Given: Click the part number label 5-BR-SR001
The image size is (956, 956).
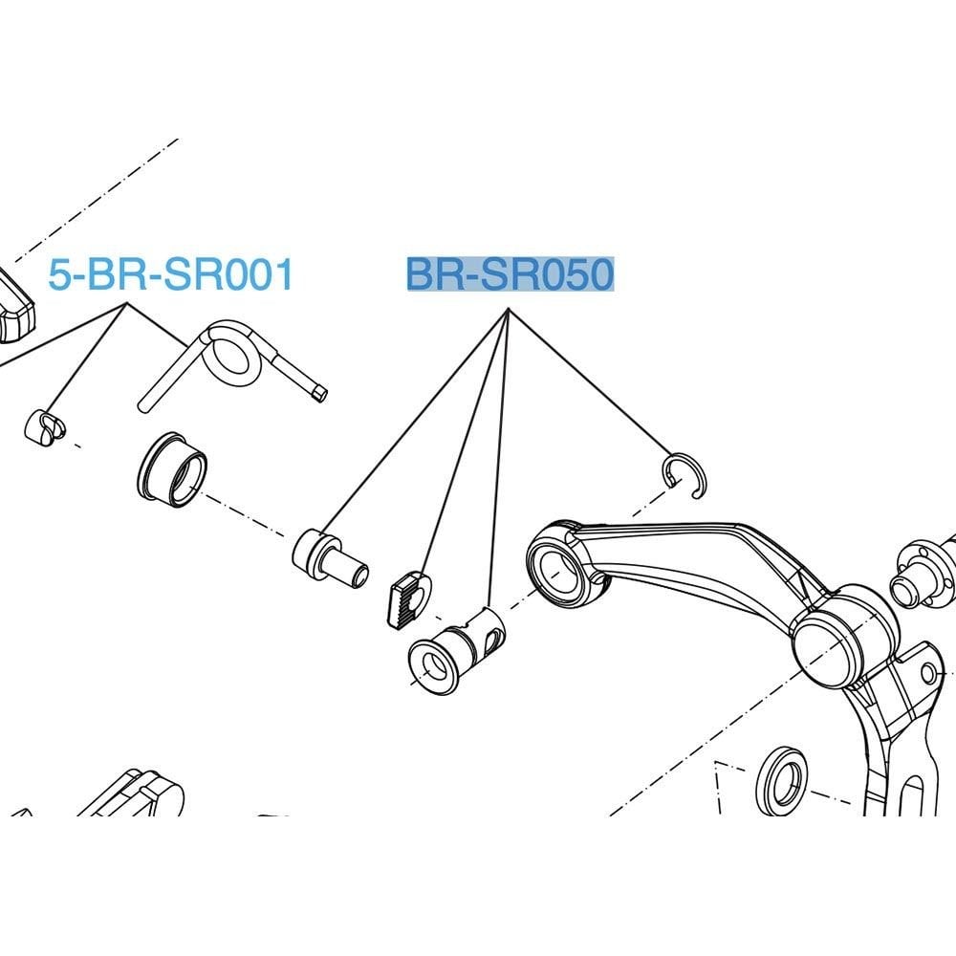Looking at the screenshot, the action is click(x=171, y=274).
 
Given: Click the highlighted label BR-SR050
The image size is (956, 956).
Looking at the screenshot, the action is click(x=511, y=274).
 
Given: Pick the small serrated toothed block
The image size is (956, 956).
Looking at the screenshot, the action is click(x=409, y=598).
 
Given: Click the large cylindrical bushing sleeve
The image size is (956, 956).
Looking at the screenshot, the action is click(x=172, y=469).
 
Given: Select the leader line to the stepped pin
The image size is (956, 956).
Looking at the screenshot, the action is click(x=416, y=422).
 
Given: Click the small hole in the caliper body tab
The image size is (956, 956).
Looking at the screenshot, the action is click(x=928, y=674).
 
